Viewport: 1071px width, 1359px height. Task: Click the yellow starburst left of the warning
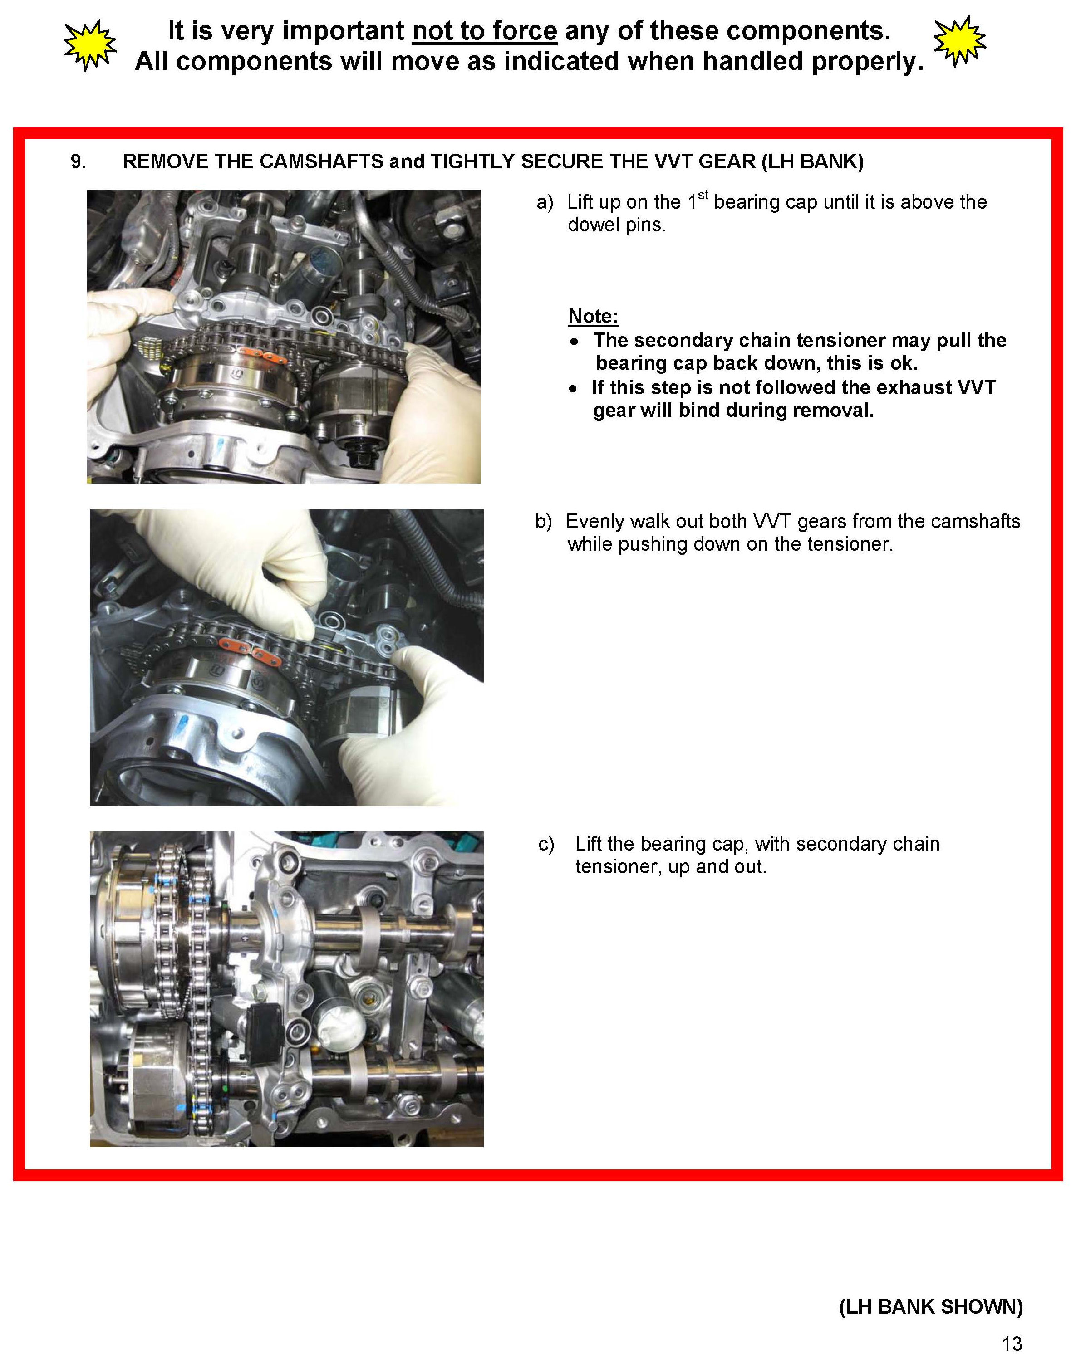pos(91,44)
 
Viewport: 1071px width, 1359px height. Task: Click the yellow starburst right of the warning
pos(959,41)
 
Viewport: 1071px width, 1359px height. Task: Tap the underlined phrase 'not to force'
pos(484,31)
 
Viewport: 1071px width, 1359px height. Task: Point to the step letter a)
pos(545,202)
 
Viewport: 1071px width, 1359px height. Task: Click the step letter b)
pos(544,522)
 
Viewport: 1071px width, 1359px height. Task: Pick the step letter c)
pos(545,844)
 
